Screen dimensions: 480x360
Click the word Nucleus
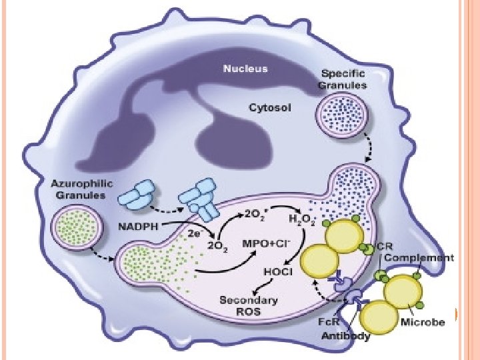(245, 68)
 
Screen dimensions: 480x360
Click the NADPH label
(139, 227)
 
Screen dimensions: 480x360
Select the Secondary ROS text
(241, 305)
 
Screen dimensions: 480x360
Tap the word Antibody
(345, 335)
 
